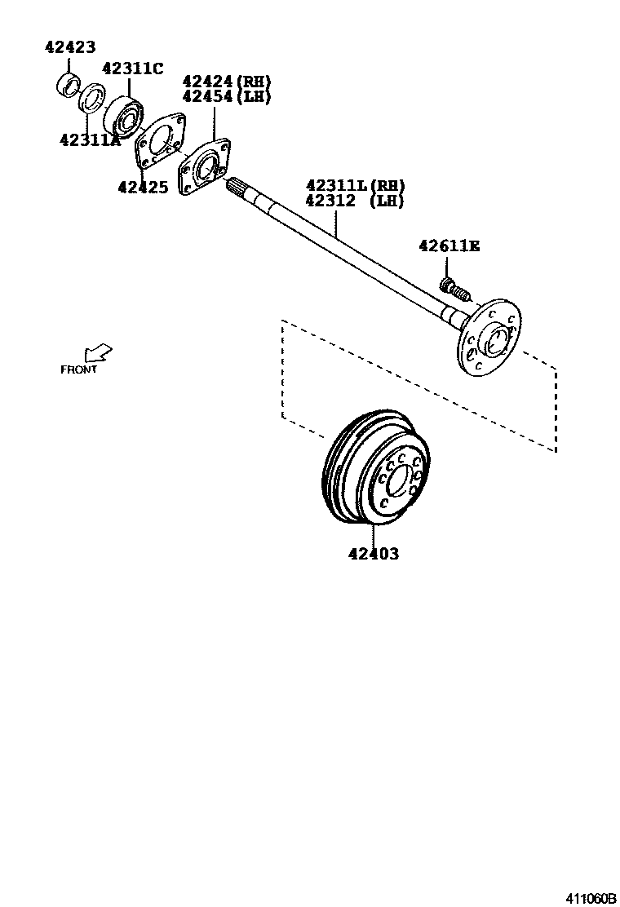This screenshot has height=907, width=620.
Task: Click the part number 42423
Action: click(x=69, y=48)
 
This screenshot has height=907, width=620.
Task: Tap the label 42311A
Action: click(x=90, y=139)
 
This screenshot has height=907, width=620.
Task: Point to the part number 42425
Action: click(x=143, y=188)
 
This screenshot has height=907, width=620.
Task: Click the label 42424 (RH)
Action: click(x=227, y=81)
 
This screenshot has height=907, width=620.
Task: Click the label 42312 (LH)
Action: click(x=355, y=201)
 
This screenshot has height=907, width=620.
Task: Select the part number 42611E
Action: click(x=449, y=245)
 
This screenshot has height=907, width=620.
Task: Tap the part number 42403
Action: click(x=374, y=555)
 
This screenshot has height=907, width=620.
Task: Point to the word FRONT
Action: click(x=79, y=369)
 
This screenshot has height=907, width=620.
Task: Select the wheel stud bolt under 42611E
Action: click(x=455, y=288)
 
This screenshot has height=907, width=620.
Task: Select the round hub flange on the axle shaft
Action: click(x=488, y=336)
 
